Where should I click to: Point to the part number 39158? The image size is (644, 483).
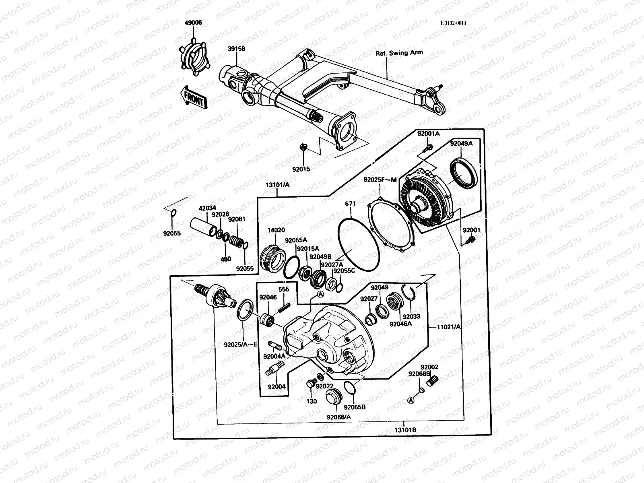click(x=237, y=49)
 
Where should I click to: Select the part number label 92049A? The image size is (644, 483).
click(x=461, y=143)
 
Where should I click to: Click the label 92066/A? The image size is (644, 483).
click(x=339, y=417)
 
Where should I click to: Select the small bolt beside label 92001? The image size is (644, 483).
click(x=470, y=240)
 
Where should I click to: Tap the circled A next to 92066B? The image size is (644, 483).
click(x=411, y=400)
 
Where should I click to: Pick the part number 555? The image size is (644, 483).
click(x=284, y=289)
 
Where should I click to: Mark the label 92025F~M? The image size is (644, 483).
click(x=380, y=180)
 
